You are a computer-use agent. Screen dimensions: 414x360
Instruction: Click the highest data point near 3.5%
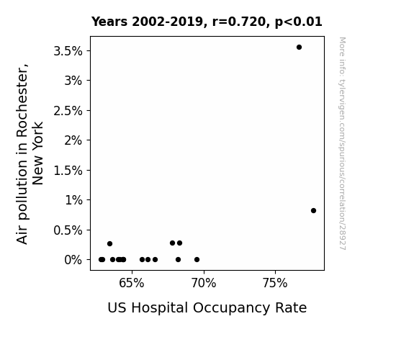point(299,48)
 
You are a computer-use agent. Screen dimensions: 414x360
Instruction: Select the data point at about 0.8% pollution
point(313,210)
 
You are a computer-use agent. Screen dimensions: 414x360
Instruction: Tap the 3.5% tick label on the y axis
point(68,51)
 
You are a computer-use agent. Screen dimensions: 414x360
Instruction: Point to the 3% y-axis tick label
point(73,81)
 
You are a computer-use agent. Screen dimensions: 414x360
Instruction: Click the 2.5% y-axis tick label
point(68,111)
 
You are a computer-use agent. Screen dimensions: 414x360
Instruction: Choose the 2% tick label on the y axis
point(73,140)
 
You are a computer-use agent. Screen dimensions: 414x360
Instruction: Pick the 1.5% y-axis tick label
point(68,171)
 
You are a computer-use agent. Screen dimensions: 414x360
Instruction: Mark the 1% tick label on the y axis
point(73,200)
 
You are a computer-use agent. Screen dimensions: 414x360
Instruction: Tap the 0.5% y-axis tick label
point(68,230)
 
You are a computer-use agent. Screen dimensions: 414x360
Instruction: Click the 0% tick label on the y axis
point(73,260)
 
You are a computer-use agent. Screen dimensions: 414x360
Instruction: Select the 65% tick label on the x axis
point(132,283)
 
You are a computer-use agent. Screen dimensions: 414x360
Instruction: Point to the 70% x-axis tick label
point(204,283)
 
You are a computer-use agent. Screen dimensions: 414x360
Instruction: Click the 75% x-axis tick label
point(275,283)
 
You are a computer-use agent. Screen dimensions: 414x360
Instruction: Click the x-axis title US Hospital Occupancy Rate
point(207,307)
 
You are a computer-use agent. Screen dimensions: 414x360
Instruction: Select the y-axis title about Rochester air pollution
point(30,153)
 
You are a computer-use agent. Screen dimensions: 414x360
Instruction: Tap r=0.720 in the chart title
point(239,22)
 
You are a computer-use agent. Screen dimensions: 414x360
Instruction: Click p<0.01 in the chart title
point(299,22)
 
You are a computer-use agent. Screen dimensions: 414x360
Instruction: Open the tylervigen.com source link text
point(342,143)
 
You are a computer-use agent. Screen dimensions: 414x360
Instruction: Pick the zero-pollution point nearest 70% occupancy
point(197,260)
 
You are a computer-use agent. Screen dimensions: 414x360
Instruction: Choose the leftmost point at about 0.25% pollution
point(110,243)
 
